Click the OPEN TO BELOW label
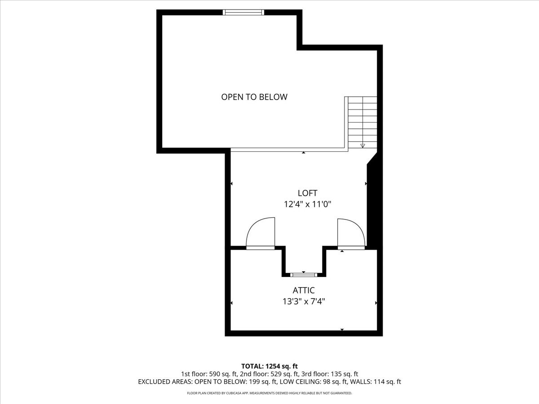click(x=254, y=97)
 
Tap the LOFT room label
click(x=307, y=193)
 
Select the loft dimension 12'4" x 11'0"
click(x=307, y=204)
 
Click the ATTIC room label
click(x=304, y=290)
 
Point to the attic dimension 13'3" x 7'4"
click(x=304, y=302)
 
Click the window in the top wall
click(x=243, y=12)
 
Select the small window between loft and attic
click(x=304, y=275)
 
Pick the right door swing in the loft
click(x=350, y=232)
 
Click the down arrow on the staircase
click(x=362, y=145)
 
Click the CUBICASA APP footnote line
click(x=269, y=393)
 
